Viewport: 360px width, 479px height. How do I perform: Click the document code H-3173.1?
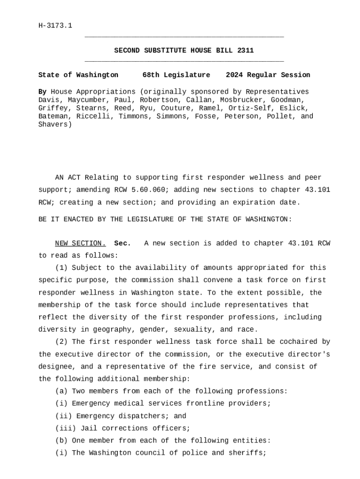click(x=55, y=26)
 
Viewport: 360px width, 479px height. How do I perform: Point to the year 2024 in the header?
click(x=234, y=75)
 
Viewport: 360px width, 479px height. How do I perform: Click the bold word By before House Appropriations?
click(x=42, y=92)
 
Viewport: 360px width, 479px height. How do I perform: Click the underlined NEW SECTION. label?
click(x=80, y=243)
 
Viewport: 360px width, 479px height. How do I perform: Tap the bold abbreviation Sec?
click(x=122, y=243)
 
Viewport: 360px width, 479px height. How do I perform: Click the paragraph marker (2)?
click(x=61, y=342)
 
